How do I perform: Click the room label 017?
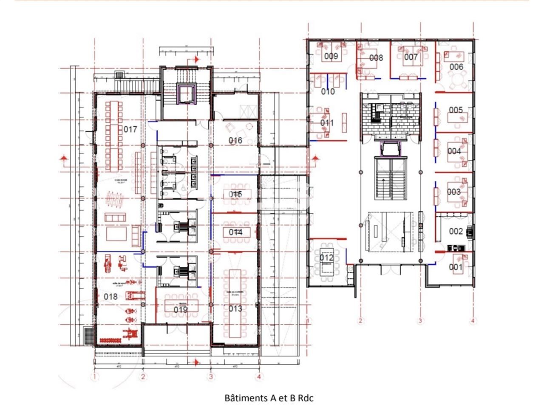click(130, 129)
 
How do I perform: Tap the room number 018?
click(110, 296)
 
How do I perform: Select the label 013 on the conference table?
click(235, 309)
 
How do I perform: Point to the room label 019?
click(181, 309)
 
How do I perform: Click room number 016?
click(235, 140)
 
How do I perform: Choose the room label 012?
click(326, 258)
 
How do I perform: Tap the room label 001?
click(456, 267)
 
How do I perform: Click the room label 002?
click(456, 231)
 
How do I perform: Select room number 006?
click(456, 67)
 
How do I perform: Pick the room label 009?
click(331, 56)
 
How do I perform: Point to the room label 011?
click(327, 123)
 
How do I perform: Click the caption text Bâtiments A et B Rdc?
click(269, 398)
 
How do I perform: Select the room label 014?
click(235, 232)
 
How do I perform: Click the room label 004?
click(454, 151)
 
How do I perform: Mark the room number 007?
click(411, 57)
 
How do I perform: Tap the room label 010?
click(328, 91)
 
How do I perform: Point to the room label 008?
click(376, 58)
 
